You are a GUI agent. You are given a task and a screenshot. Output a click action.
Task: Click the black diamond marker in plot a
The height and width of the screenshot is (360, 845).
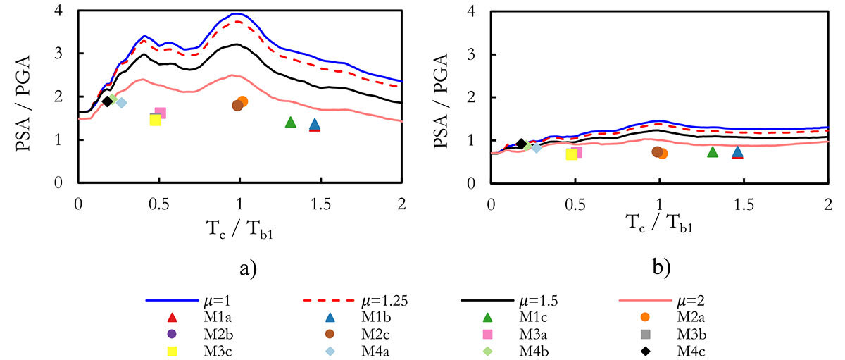tap(107, 101)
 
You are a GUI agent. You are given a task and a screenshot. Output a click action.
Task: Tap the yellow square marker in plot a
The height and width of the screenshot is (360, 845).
tap(156, 120)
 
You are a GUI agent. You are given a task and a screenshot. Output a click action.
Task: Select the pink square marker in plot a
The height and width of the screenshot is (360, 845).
tap(161, 113)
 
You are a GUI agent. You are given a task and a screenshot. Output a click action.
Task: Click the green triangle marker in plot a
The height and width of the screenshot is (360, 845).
tap(290, 123)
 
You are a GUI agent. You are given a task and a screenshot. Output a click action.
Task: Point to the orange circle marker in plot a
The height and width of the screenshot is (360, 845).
tap(243, 101)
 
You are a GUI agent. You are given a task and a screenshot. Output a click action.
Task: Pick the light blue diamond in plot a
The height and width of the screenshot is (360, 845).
tap(121, 103)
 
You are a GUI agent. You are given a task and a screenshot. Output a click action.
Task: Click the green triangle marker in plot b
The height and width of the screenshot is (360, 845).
tap(712, 152)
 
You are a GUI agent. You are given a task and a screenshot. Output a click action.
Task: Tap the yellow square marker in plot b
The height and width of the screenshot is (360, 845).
tap(571, 154)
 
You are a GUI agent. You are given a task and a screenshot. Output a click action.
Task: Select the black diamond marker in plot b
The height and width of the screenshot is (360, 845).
tap(521, 144)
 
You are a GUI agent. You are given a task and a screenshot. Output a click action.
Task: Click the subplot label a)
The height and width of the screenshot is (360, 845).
tap(239, 268)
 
